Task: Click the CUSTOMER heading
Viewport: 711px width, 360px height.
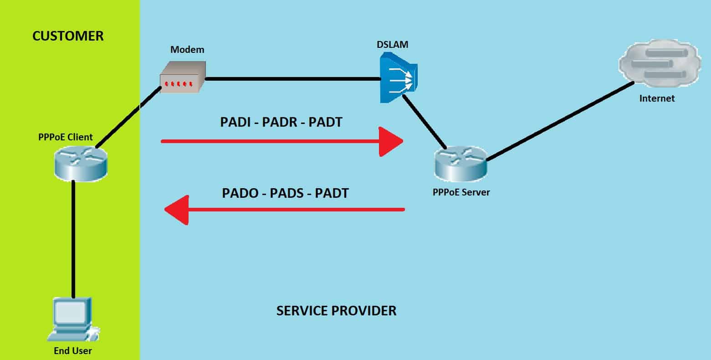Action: point(68,36)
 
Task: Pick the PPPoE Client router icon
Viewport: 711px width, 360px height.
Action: point(80,163)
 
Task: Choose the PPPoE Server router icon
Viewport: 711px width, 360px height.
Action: point(460,163)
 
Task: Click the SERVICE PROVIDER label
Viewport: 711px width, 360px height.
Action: point(336,311)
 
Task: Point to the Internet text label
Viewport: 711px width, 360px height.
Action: point(657,98)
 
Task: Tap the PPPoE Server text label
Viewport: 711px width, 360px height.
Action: point(461,192)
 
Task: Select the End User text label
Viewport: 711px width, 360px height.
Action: point(73,350)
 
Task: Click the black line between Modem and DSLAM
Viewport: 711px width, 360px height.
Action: point(292,79)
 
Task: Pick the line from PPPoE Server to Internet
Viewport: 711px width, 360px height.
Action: point(560,121)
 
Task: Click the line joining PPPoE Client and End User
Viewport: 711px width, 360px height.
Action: point(73,237)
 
